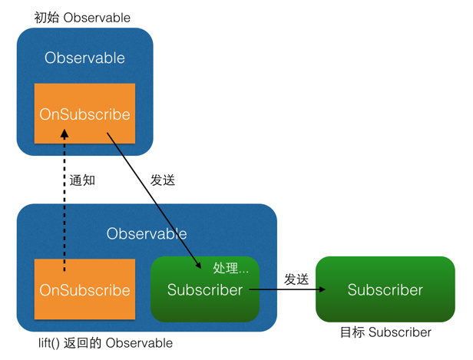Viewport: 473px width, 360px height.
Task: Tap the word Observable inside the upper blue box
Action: pos(84,58)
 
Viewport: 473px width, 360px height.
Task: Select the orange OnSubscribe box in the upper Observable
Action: pos(84,114)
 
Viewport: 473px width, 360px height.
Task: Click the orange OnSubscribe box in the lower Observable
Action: pos(84,290)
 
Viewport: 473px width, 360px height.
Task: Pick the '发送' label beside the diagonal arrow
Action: pos(163,180)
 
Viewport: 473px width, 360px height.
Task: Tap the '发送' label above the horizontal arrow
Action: pos(296,279)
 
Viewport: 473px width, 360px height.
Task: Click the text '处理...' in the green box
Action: pos(230,269)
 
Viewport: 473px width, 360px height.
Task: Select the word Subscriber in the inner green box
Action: pos(205,290)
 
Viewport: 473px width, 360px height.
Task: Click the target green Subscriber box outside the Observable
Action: pos(385,289)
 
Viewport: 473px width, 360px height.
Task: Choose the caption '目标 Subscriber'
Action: pos(385,332)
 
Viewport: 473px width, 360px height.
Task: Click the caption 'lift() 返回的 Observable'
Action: pos(105,343)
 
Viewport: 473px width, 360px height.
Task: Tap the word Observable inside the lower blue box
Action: pos(146,233)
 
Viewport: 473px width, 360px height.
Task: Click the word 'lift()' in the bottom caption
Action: pos(52,343)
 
